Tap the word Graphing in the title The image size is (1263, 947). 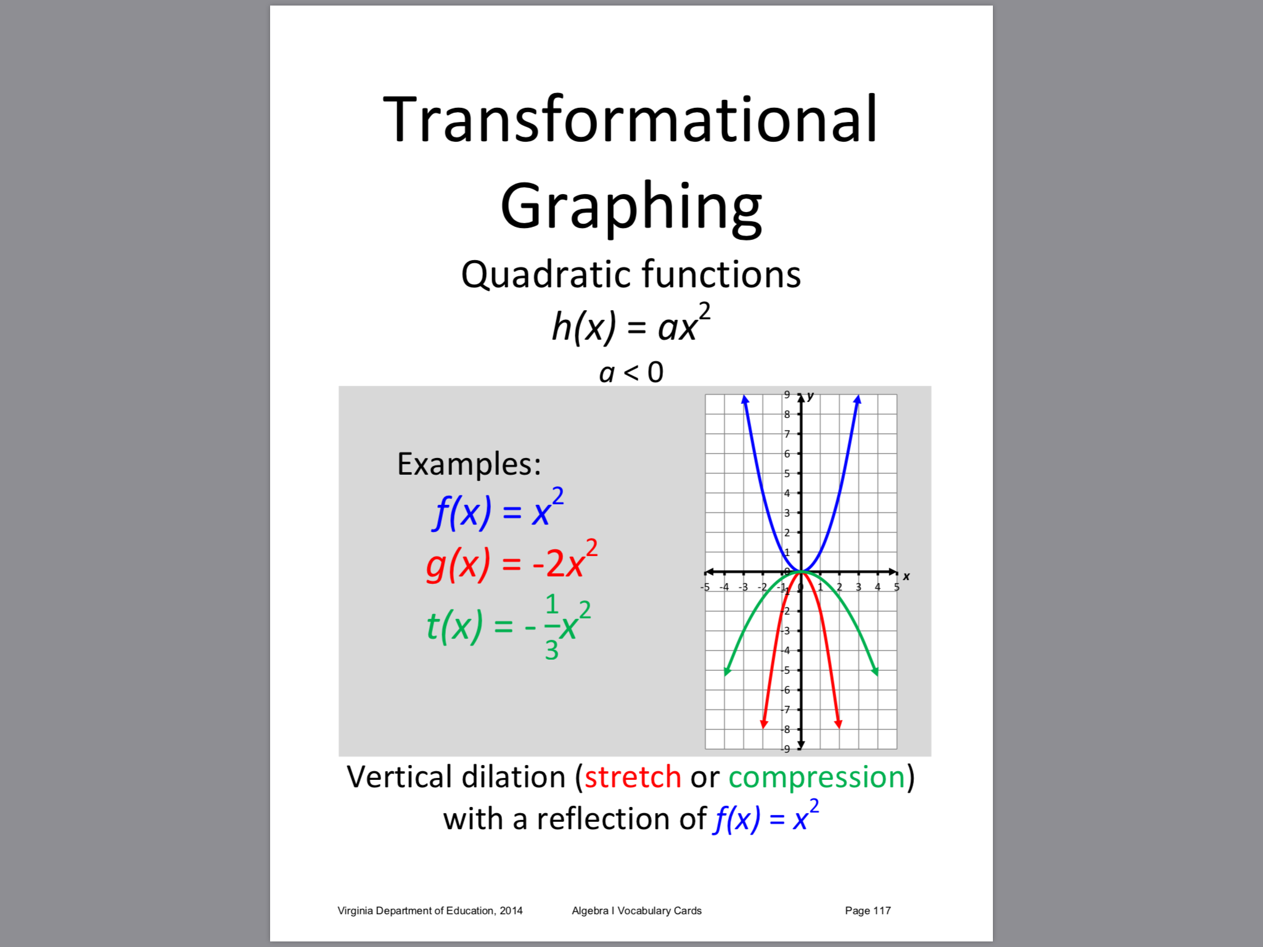point(631,207)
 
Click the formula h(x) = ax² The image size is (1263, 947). point(631,323)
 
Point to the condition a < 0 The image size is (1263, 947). point(631,372)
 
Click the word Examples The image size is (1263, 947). point(469,465)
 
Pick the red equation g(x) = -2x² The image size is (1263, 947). point(511,561)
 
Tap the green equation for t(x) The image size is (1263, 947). point(509,626)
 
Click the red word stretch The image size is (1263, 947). point(633,777)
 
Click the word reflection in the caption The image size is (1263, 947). point(621,819)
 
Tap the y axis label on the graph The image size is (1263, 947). point(810,396)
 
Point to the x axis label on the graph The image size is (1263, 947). point(906,576)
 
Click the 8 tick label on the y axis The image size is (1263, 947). point(787,414)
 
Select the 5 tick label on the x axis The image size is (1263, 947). point(897,587)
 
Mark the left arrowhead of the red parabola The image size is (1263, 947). point(764,723)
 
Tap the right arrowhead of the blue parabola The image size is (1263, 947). point(857,400)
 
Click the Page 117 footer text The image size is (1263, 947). point(868,911)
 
